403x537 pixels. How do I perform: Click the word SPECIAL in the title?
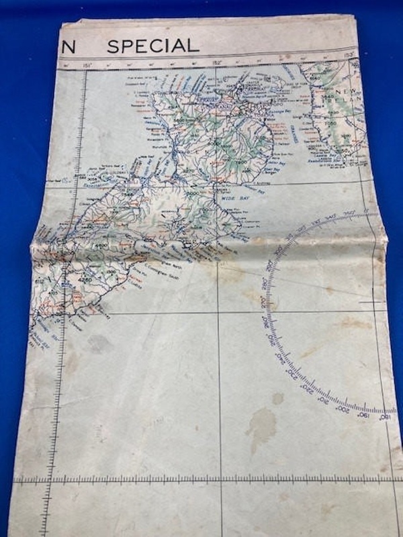point(153,46)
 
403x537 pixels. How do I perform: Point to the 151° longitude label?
point(86,65)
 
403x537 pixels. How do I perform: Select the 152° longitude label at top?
point(216,62)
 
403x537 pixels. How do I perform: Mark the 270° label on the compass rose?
point(271,306)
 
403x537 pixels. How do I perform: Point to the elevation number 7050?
point(328,124)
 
